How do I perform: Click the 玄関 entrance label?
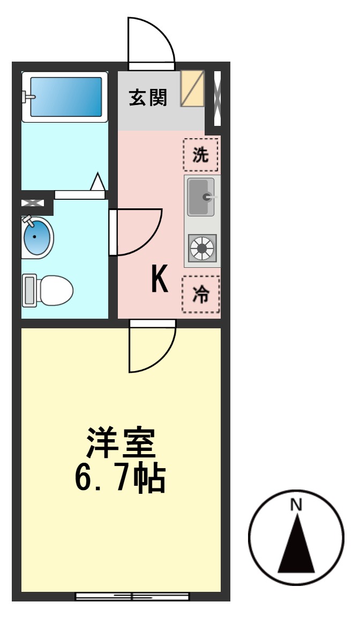(148, 97)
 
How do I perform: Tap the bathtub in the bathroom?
(65, 96)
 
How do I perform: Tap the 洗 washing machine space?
(201, 155)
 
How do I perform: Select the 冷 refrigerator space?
(201, 294)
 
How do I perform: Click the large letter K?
(160, 280)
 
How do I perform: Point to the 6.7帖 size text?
(119, 478)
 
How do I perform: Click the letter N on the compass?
(296, 504)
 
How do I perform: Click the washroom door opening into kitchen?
(137, 232)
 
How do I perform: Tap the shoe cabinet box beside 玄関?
(192, 88)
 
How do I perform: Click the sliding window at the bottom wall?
(132, 596)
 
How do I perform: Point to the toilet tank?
(29, 290)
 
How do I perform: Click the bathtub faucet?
(27, 97)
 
